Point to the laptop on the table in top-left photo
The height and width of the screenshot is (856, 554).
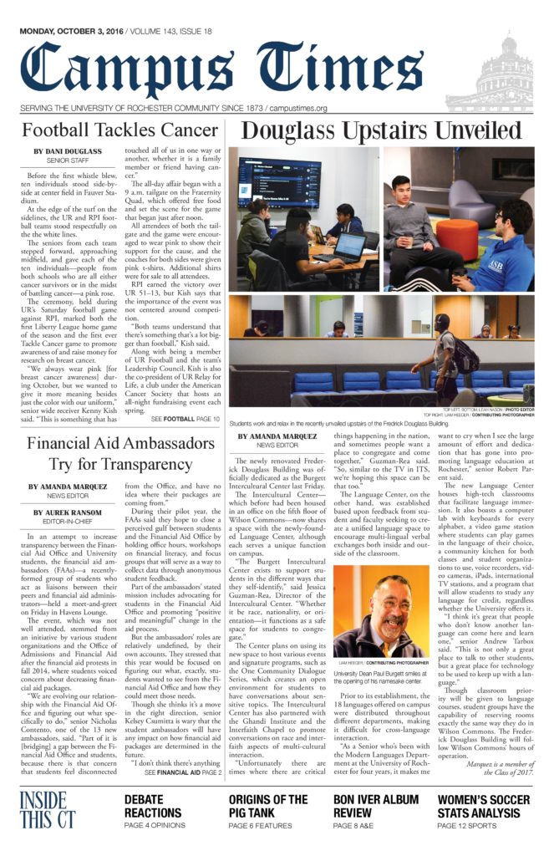tap(349, 247)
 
